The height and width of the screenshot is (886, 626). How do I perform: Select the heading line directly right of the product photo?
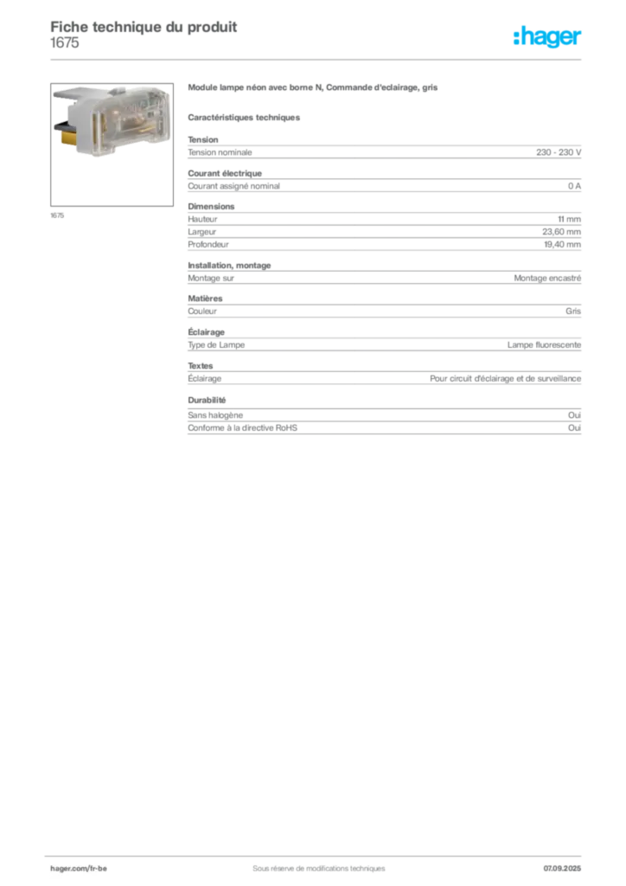point(315,90)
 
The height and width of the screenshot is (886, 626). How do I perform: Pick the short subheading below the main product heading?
point(246,117)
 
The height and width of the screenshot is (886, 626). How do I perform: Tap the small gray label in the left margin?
point(58,215)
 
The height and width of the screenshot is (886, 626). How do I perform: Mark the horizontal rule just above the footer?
point(318,854)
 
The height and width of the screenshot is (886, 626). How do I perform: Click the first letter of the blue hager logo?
point(517,38)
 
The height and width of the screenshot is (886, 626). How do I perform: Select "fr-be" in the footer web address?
point(98,867)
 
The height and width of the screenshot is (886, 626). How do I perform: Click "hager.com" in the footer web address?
point(69,867)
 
